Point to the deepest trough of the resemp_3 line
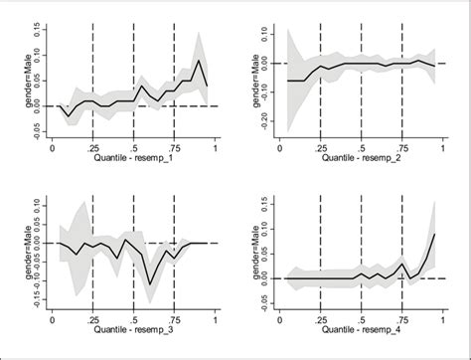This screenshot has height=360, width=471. click(150, 283)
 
